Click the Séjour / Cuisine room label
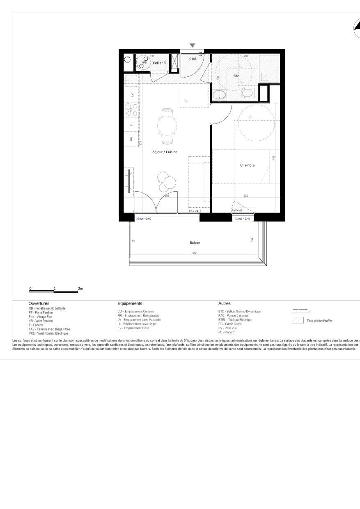coord(165,152)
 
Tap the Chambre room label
coord(247,165)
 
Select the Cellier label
coord(158,63)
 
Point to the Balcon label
coord(195,243)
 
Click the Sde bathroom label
coord(236,76)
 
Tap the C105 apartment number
coord(193,59)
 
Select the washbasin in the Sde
coord(219,95)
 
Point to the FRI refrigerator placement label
coord(131,139)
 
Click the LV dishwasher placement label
coord(132,95)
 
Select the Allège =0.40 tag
coord(243,219)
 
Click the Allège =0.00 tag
coord(144,219)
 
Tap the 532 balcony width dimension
coord(195,253)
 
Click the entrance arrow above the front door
coord(193,46)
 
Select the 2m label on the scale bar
coord(80,289)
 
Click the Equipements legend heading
coord(129,303)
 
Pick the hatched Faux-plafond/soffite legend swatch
coord(298,321)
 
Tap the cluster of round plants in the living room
coord(167,181)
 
